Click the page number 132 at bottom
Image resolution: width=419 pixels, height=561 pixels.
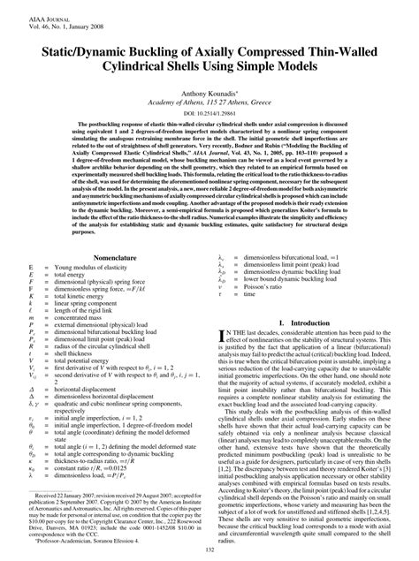[x=209, y=551]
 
